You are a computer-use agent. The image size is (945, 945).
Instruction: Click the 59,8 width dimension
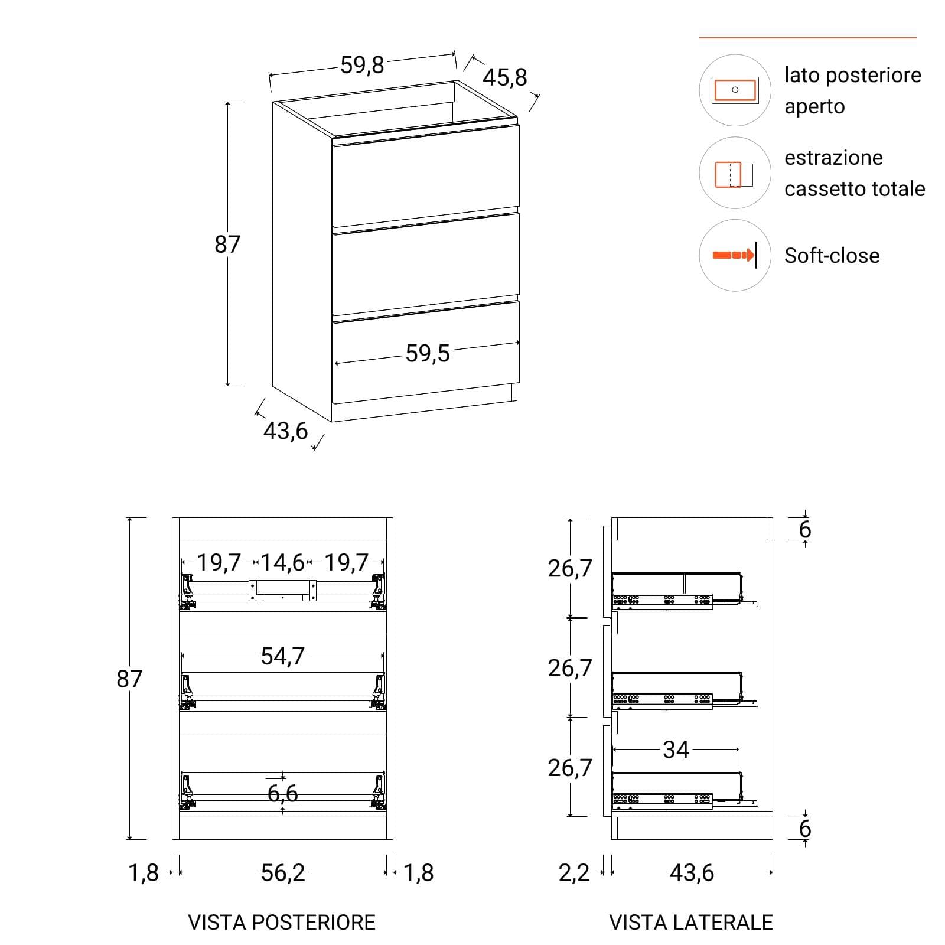pos(362,65)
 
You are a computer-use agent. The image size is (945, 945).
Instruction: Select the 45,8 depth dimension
pos(504,77)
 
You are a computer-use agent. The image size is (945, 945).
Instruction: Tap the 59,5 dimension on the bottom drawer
pos(428,354)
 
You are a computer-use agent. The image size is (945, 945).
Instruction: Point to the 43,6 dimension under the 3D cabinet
pos(285,431)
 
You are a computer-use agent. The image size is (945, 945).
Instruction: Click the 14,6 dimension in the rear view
pos(282,563)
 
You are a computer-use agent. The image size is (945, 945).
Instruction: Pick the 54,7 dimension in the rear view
pos(282,656)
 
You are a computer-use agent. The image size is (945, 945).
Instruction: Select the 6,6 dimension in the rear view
pos(282,793)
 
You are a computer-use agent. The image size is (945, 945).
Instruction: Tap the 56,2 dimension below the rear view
pos(283,873)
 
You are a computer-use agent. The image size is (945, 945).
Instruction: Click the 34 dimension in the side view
pos(676,750)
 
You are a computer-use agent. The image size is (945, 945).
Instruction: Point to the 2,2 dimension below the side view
pos(574,873)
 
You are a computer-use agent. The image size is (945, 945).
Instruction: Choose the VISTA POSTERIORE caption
pos(282,923)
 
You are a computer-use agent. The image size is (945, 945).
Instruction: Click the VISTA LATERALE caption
pos(691,923)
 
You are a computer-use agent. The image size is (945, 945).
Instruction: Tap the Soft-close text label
pos(832,256)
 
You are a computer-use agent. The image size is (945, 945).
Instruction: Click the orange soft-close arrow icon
pos(734,255)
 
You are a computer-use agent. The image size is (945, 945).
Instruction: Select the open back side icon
pos(735,90)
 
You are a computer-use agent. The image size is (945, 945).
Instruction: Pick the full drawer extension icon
pos(734,175)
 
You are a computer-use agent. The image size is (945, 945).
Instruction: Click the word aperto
pos(814,107)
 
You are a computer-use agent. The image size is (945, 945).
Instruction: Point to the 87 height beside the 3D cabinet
pos(227,244)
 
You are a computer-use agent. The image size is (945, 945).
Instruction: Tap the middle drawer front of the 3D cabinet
pos(426,264)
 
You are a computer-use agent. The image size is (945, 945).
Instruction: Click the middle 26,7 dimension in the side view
pos(569,668)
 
